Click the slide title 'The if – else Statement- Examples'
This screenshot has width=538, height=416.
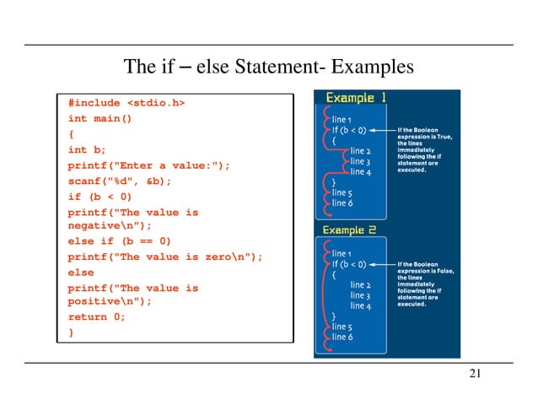269,66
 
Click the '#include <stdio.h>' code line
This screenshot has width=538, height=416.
126,103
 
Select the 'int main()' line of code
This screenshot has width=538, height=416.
100,118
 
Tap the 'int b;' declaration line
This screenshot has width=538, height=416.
88,150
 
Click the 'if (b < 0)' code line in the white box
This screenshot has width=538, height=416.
100,197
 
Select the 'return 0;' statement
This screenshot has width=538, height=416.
97,317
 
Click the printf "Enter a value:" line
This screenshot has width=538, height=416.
148,165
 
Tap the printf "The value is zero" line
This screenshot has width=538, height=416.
165,257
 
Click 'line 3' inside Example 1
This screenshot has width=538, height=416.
360,161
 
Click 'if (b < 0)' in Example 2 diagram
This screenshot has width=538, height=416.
349,263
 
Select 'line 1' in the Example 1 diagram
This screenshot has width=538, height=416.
344,121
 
